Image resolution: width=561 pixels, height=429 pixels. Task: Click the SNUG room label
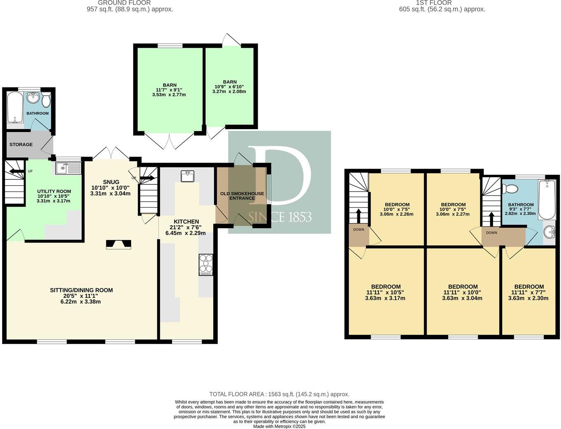click(x=111, y=182)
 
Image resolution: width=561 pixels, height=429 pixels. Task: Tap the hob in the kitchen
click(x=206, y=264)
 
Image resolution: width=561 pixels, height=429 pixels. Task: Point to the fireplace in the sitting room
click(x=119, y=245)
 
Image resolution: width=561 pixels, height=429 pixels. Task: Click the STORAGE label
click(x=21, y=144)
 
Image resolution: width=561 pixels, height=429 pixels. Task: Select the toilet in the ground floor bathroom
click(x=46, y=99)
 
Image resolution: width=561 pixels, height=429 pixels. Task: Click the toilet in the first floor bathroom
click(x=510, y=189)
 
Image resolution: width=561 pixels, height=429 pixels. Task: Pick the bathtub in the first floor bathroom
click(x=548, y=200)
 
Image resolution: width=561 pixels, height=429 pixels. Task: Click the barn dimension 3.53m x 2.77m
click(x=169, y=95)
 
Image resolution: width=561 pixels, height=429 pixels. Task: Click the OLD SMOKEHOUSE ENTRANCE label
click(x=242, y=196)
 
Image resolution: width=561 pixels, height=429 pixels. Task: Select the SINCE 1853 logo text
click(x=280, y=217)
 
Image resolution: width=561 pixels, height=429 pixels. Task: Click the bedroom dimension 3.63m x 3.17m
click(x=385, y=298)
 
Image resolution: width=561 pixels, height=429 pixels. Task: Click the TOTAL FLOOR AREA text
click(x=279, y=394)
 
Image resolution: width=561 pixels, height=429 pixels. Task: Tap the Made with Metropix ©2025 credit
click(x=279, y=427)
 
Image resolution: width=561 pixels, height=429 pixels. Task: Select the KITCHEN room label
click(x=186, y=222)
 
